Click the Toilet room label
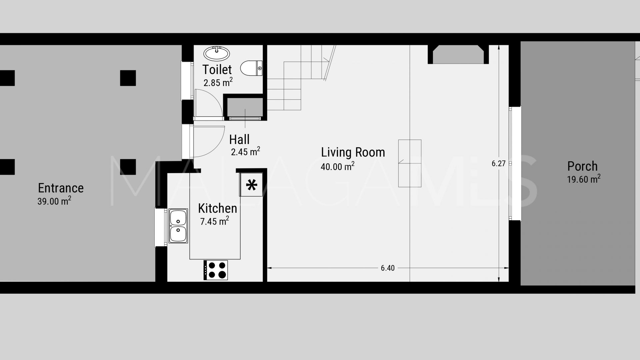click(217, 69)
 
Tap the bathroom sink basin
click(217, 53)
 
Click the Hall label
click(239, 139)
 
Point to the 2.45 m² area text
click(245, 152)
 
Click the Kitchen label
click(217, 208)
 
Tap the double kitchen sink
click(178, 226)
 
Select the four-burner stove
click(216, 270)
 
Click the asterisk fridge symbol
click(251, 185)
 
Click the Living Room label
click(353, 152)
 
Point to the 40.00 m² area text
click(337, 166)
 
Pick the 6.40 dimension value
click(388, 268)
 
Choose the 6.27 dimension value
click(499, 163)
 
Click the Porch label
click(582, 166)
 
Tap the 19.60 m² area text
click(584, 179)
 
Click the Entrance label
click(61, 188)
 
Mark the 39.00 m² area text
click(54, 201)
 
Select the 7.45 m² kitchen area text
click(214, 221)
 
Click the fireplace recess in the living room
click(458, 55)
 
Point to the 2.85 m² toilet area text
click(218, 82)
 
